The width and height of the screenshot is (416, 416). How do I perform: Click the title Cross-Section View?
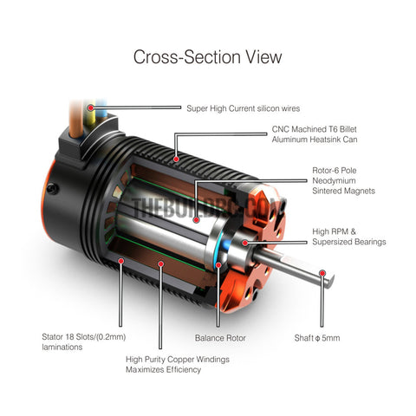coord(207,57)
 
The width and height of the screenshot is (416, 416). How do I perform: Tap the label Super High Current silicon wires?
coord(243,108)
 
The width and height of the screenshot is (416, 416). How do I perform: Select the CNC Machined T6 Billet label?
coord(315,129)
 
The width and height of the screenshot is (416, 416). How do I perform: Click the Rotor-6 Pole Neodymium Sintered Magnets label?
coord(343,180)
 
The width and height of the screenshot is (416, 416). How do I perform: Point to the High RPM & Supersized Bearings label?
coord(349,237)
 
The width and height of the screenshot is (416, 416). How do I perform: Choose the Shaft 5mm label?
coord(317,338)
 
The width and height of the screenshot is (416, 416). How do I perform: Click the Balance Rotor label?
coord(220,338)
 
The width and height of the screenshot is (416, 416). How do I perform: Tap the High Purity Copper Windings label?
coord(178,364)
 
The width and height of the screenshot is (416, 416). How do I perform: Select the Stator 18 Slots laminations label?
coord(84,341)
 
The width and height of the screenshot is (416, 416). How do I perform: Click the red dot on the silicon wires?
coord(91,108)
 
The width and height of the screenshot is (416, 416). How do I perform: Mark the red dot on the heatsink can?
coord(176,159)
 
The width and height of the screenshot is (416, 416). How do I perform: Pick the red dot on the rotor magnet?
coord(197,220)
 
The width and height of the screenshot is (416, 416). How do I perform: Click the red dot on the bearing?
coord(245,243)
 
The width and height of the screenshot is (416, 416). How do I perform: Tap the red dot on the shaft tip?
coord(322,273)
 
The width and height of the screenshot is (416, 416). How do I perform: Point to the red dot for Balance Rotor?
coord(218,265)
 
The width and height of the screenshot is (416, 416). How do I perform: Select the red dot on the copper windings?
coord(161,263)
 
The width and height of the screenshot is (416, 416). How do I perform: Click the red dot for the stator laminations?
coord(121,261)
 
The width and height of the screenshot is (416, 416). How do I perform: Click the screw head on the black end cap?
coord(53,189)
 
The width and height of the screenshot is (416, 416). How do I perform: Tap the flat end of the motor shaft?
coord(330,281)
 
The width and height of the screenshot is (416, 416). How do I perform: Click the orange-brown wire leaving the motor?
coord(75,120)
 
